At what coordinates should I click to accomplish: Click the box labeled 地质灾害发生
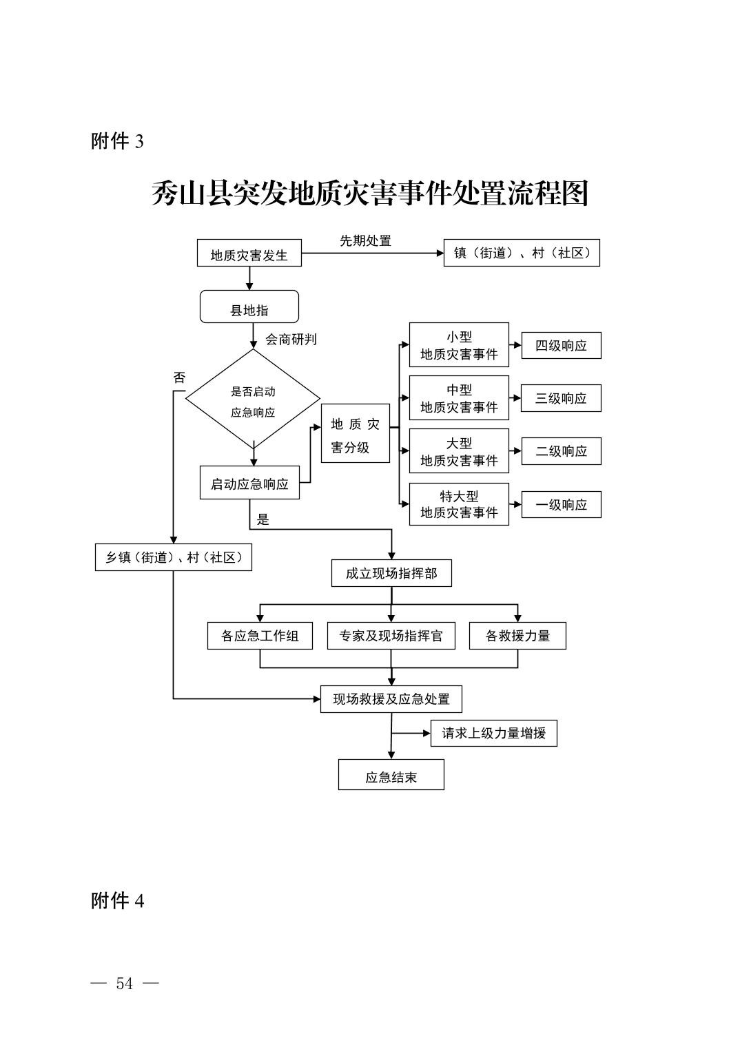(249, 253)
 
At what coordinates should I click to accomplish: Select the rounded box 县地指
(249, 307)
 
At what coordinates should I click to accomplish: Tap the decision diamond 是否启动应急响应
(253, 399)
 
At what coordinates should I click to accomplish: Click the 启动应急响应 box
(249, 482)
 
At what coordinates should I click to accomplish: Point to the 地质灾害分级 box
(356, 433)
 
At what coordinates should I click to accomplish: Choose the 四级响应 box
(562, 345)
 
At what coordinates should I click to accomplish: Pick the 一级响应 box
(562, 504)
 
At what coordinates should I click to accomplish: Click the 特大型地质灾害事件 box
(459, 504)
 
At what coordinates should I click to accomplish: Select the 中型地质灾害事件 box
(459, 397)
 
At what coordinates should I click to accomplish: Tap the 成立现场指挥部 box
(392, 573)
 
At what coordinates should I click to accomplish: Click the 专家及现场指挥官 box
(391, 636)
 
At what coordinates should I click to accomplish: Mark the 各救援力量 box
(517, 636)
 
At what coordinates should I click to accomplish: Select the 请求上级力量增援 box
(493, 733)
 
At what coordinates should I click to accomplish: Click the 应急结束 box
(391, 777)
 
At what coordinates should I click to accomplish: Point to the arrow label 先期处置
(365, 241)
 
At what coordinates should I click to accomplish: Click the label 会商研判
(291, 340)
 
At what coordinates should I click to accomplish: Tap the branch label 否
(180, 377)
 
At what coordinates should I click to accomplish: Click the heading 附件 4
(117, 901)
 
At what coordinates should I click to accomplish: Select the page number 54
(124, 984)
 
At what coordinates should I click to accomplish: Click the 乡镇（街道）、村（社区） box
(174, 557)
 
